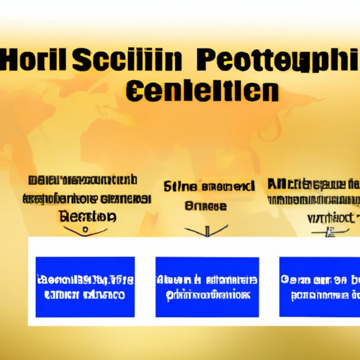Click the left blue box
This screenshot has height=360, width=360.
pyautogui.click(x=84, y=286)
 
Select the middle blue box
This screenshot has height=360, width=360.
pyautogui.click(x=207, y=286)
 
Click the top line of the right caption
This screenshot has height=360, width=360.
pyautogui.click(x=314, y=185)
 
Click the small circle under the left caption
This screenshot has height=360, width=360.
pyautogui.click(x=85, y=229)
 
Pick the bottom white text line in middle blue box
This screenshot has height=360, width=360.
pyautogui.click(x=207, y=295)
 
